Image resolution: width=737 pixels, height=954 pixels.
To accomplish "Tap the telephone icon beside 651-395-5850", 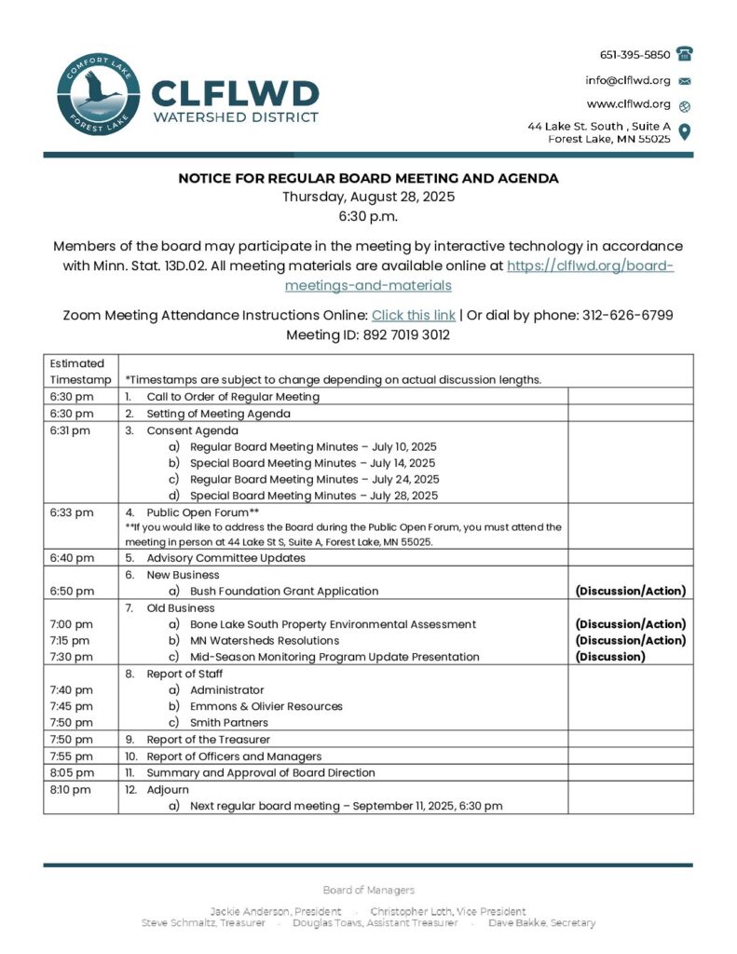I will (685, 54).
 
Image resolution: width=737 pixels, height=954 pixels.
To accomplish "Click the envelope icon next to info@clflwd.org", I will (685, 81).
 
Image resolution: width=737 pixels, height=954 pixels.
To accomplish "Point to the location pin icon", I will (685, 131).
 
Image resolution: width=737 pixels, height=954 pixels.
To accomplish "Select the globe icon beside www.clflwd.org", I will (685, 105).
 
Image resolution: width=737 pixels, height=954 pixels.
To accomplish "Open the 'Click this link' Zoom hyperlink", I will (413, 315).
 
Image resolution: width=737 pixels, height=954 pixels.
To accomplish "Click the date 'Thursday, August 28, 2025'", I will (368, 197).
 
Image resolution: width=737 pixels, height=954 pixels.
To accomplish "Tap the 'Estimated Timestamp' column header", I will (77, 371).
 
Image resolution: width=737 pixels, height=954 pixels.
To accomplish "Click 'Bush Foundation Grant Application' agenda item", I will (283, 591).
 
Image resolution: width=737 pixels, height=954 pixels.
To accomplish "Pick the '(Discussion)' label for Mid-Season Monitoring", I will (610, 657).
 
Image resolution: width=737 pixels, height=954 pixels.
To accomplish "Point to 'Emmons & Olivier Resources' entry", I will (266, 706).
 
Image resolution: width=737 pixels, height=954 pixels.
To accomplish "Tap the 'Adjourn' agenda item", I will (167, 789).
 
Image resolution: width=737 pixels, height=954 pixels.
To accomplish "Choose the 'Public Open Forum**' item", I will (202, 512).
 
